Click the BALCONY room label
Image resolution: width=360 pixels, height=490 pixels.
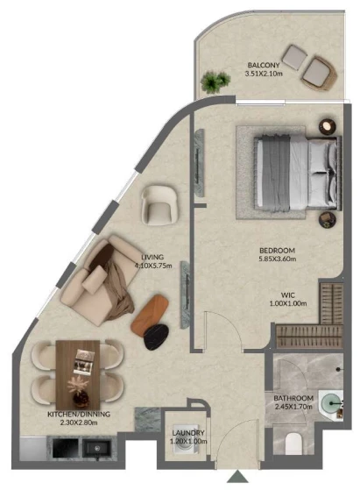click(x=264, y=66)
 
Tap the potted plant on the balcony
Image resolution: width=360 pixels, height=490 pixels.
click(x=215, y=82)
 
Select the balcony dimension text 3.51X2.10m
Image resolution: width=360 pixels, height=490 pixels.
click(x=264, y=74)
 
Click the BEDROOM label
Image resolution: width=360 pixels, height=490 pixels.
click(x=278, y=251)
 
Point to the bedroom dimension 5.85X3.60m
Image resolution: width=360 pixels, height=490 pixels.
click(x=278, y=259)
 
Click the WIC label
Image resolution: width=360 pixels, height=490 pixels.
click(x=287, y=295)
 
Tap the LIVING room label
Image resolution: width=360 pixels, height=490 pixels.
click(x=152, y=257)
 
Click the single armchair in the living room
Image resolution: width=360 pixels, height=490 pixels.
click(x=160, y=205)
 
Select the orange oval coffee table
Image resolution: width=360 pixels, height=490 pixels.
click(x=149, y=314)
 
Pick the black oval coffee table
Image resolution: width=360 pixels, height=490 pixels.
click(x=156, y=337)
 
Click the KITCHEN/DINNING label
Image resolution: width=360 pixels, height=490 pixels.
click(x=79, y=414)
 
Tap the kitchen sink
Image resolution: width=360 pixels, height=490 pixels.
click(x=97, y=449)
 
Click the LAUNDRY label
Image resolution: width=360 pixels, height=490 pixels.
click(x=188, y=433)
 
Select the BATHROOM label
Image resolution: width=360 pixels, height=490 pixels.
click(x=293, y=398)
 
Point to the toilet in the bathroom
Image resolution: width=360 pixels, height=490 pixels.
click(x=293, y=444)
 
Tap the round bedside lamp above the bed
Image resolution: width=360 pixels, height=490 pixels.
click(x=328, y=126)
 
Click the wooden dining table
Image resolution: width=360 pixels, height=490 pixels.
click(x=78, y=373)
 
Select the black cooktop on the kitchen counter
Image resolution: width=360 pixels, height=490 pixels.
click(x=66, y=449)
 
